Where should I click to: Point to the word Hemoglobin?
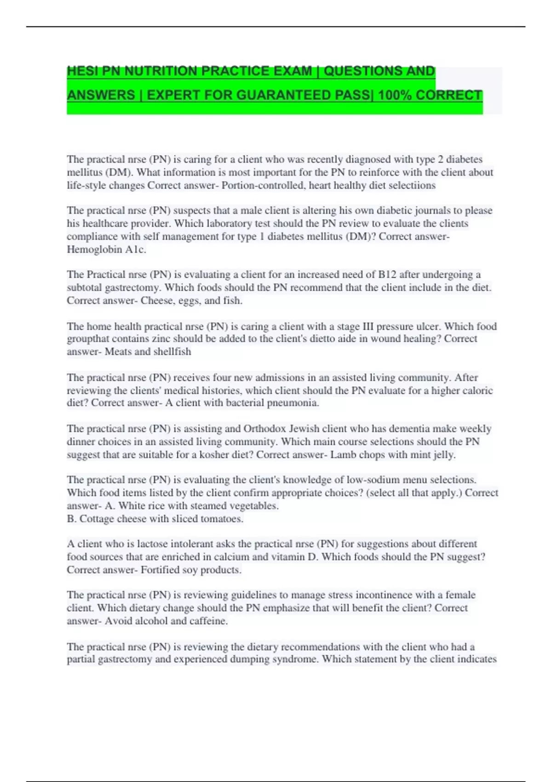click(x=94, y=249)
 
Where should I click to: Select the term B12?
click(x=387, y=275)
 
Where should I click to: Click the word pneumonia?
click(x=297, y=403)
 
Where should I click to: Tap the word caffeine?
click(x=208, y=621)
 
